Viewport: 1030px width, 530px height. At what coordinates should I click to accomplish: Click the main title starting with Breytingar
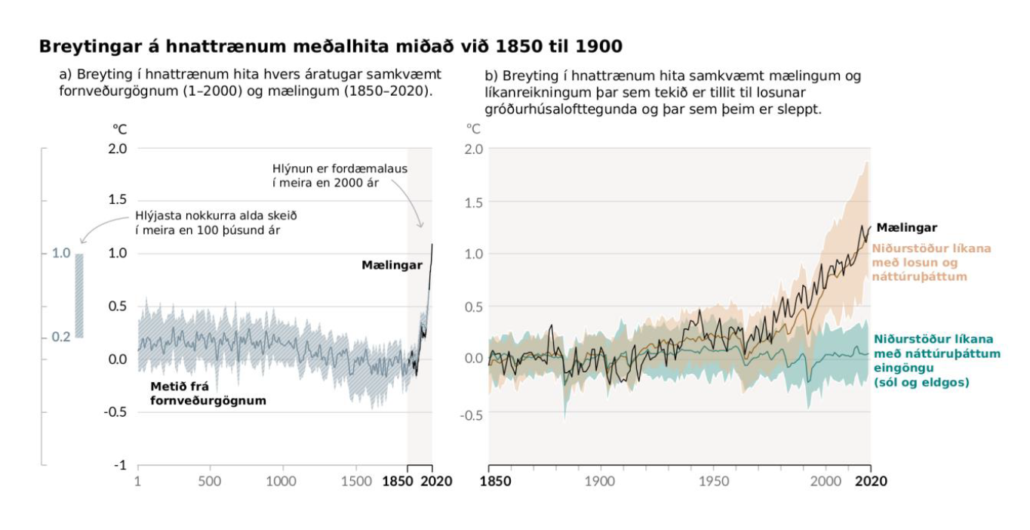[x=331, y=47]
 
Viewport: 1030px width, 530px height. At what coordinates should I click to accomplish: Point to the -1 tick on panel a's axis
[x=120, y=465]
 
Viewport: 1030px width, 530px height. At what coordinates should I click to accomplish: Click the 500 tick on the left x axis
[x=209, y=482]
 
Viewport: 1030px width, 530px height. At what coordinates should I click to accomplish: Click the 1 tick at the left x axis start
[x=138, y=482]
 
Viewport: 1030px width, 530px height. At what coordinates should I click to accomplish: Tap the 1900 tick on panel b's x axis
[x=600, y=482]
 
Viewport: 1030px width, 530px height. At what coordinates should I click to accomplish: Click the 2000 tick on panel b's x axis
[x=827, y=482]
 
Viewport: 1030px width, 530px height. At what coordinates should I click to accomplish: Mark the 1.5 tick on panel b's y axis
[x=472, y=202]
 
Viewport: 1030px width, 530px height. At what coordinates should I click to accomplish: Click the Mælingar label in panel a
[x=392, y=265]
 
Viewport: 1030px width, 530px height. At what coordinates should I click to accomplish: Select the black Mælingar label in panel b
[x=906, y=227]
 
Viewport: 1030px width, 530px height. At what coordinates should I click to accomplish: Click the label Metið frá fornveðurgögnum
[x=208, y=393]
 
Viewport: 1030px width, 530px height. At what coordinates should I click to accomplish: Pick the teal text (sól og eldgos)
[x=921, y=382]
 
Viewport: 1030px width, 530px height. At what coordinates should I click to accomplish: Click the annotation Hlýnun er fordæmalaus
[x=340, y=175]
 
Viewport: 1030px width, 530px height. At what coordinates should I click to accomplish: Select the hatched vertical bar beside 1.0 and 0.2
[x=78, y=295]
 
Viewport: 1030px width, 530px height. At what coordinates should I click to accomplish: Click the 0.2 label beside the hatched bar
[x=60, y=337]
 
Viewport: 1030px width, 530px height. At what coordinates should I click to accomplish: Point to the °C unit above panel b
[x=474, y=129]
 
